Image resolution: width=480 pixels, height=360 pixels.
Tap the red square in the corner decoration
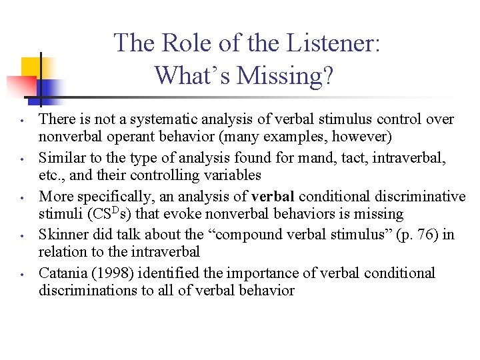click(22, 87)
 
